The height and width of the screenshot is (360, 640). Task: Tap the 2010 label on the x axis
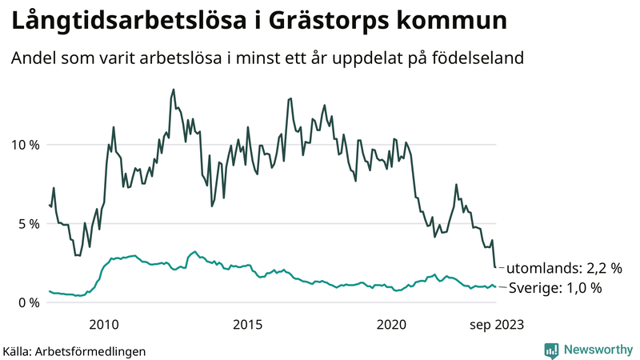(x=104, y=324)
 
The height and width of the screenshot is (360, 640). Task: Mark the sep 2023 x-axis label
(x=496, y=324)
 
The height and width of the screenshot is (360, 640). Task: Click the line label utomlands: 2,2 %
(x=563, y=268)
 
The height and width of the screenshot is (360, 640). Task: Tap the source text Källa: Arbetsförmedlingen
(x=74, y=351)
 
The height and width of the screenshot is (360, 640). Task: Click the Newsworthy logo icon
(x=551, y=350)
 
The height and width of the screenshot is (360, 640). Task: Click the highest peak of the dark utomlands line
(x=174, y=90)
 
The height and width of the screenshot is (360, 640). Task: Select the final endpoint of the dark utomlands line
(x=495, y=267)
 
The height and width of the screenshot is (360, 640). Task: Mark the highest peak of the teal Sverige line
(x=194, y=251)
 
